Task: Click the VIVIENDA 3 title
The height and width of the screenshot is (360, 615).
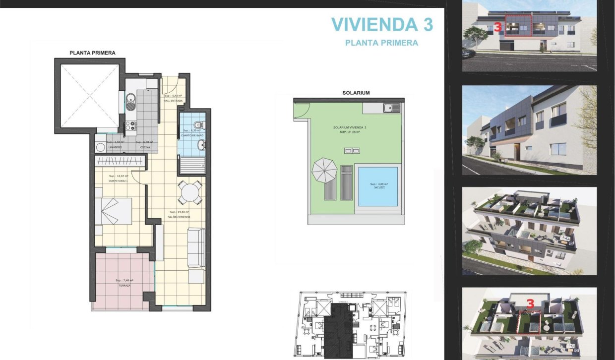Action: [381, 24]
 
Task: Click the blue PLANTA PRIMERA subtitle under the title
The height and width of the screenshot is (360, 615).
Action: [381, 43]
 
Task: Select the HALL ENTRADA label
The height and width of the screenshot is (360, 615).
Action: [173, 101]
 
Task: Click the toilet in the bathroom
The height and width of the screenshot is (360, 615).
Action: [198, 123]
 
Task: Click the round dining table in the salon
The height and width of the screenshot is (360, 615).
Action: [190, 192]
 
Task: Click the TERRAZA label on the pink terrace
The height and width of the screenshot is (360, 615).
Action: [124, 286]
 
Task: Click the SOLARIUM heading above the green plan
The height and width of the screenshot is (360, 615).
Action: [356, 93]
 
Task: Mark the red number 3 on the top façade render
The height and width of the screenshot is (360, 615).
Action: [497, 28]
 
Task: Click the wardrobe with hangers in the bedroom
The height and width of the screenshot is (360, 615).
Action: [120, 161]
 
